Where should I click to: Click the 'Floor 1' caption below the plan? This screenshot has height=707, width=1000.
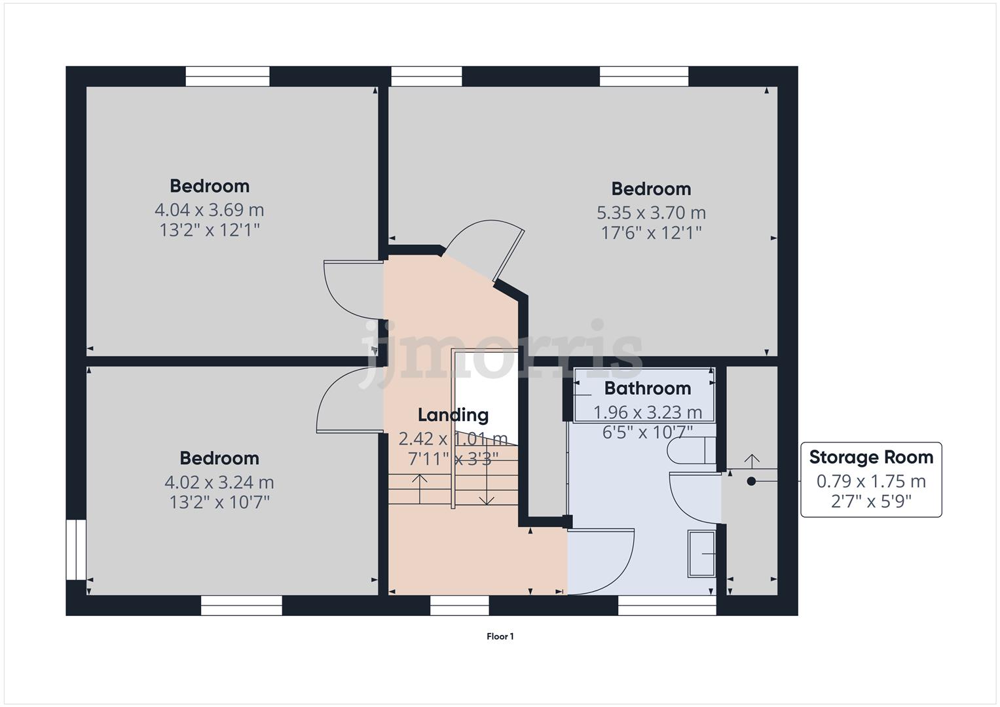500,636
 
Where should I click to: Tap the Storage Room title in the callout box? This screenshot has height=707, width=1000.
870,457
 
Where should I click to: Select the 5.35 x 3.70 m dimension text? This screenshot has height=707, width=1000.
650,213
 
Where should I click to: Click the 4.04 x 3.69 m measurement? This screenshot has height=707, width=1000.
209,210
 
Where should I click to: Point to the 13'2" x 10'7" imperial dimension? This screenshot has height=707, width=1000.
219,502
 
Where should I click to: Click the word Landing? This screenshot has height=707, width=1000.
453,415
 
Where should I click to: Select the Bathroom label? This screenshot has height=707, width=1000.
647,388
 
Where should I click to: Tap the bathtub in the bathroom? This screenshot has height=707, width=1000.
644,395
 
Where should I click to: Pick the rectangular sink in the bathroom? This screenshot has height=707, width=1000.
701,554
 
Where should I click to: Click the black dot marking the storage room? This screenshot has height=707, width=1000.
751,481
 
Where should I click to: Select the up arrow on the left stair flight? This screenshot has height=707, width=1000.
419,487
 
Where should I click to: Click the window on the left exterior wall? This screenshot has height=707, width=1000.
76,550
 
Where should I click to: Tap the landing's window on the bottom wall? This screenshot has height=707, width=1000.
459,606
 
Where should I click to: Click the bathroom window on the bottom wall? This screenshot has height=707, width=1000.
667,606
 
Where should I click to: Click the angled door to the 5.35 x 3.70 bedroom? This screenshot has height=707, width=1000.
488,249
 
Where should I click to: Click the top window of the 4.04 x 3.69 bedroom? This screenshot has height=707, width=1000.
227,77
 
